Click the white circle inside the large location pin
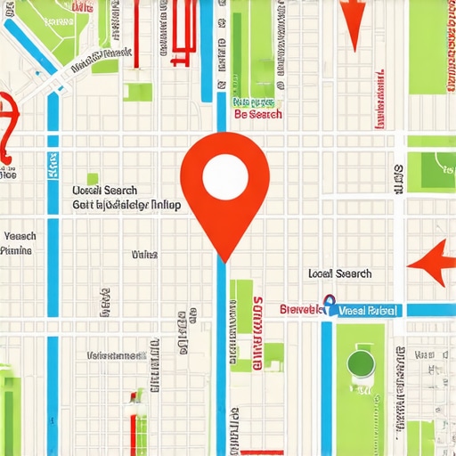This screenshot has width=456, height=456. click(x=224, y=176)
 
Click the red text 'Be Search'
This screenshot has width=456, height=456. click(x=257, y=115)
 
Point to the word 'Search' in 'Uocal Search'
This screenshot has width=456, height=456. click(x=120, y=191)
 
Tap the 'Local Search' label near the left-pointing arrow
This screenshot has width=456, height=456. click(x=339, y=274)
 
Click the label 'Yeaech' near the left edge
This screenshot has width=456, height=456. click(x=20, y=236)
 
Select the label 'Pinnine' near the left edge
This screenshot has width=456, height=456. click(x=17, y=251)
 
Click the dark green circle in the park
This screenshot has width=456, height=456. click(x=358, y=362)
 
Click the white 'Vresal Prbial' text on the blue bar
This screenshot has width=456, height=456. click(x=369, y=311)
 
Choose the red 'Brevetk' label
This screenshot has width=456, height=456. click(x=299, y=310)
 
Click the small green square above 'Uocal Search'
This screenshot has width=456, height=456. click(x=92, y=179)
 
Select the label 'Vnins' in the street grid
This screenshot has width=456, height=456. click(x=144, y=255)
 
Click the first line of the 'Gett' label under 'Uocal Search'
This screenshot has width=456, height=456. click(x=126, y=205)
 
